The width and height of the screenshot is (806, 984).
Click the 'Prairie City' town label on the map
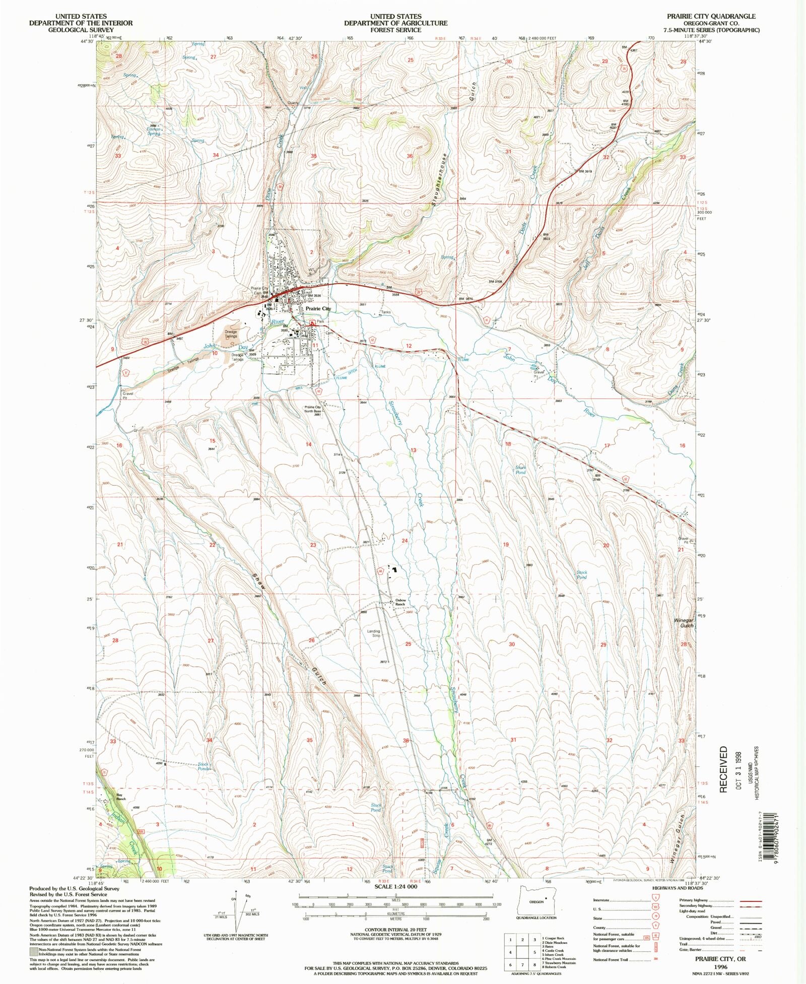(318, 308)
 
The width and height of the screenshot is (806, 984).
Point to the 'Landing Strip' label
(373, 633)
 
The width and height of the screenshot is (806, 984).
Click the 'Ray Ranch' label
(120, 797)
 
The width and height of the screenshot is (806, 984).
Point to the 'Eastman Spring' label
(153, 131)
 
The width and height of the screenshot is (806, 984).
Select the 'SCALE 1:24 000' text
(395, 886)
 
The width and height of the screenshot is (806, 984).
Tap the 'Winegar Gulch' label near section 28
(684, 623)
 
